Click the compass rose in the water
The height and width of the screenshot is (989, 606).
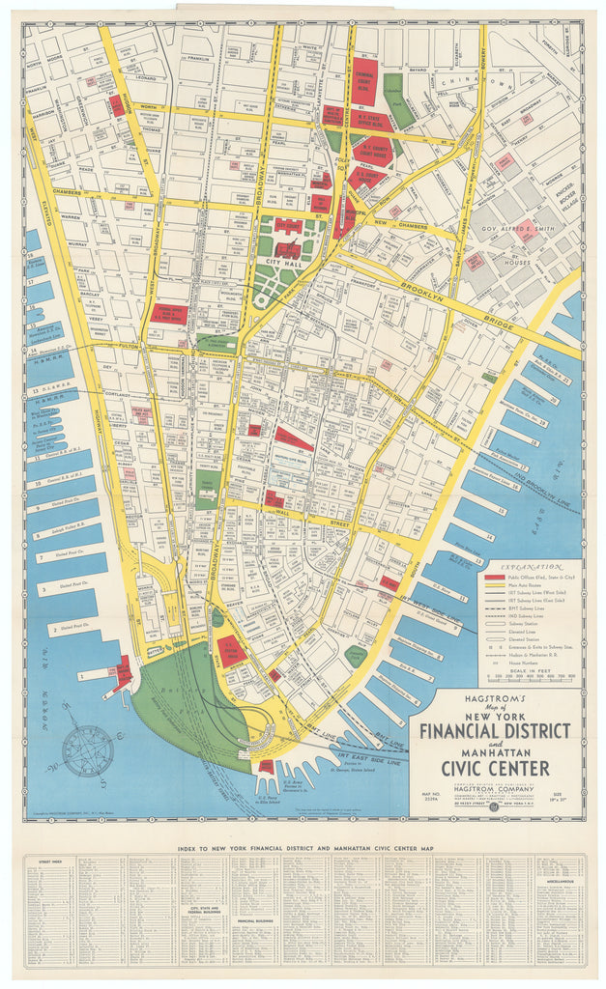[87, 750]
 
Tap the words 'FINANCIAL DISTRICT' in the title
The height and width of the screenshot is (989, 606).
[494, 728]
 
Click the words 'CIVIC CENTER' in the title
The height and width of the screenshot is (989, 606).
[495, 767]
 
